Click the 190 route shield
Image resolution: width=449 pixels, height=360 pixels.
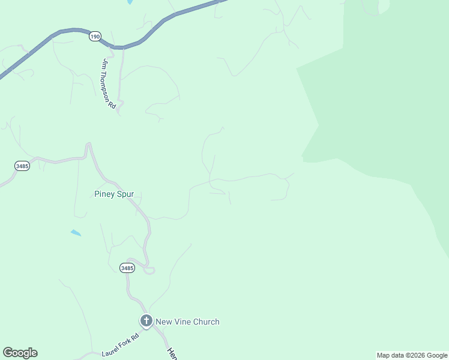click(95, 37)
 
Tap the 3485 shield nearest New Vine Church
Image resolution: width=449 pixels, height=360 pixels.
click(127, 268)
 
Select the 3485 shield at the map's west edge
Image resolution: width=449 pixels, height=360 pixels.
click(22, 166)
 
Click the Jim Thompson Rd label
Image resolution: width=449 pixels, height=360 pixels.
click(109, 83)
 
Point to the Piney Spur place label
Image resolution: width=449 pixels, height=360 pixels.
click(114, 194)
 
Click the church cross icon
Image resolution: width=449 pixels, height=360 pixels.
click(146, 321)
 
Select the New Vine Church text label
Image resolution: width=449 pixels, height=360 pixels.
click(187, 322)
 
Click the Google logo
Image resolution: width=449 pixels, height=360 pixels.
click(20, 353)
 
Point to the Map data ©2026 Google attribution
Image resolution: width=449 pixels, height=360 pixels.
click(412, 355)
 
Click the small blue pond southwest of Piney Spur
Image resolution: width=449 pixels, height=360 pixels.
click(76, 232)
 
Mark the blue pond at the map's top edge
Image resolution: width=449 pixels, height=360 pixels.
click(130, 2)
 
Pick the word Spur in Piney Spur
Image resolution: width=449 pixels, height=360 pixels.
click(124, 194)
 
